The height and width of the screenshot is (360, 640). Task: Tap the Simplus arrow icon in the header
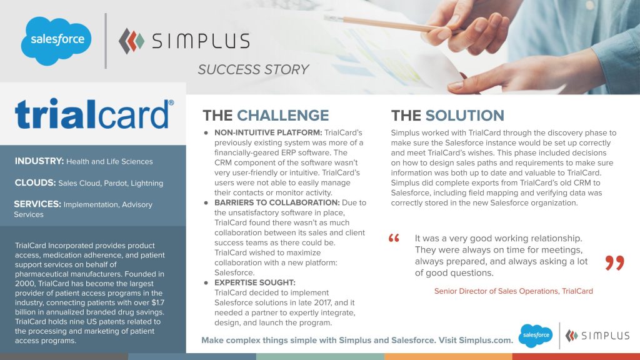coord(132,41)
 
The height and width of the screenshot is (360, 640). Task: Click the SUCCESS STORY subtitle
coord(253,69)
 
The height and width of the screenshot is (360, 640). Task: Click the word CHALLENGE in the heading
coord(282,116)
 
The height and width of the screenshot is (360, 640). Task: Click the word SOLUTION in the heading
coord(464,116)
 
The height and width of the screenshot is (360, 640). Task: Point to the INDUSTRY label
coord(39,161)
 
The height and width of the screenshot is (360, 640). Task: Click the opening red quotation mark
coord(394,239)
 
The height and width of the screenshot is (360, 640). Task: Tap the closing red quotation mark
coord(614,262)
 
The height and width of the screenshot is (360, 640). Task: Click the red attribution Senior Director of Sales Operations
coord(496,291)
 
